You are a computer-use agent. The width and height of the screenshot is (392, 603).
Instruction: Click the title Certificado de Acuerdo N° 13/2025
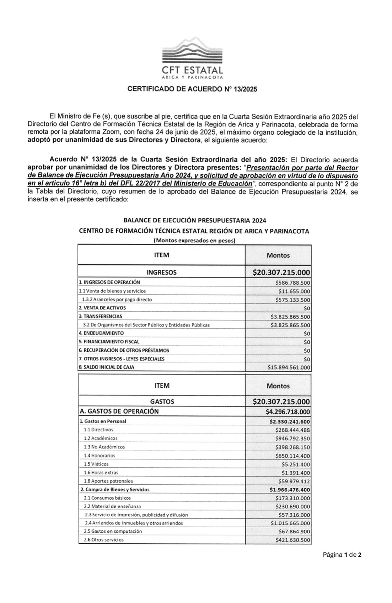point(192,89)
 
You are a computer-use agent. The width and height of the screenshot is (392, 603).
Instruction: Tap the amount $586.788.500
point(292,282)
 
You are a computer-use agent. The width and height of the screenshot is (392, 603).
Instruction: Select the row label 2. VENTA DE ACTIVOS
point(102,308)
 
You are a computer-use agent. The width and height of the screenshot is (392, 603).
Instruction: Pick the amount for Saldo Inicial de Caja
point(289,367)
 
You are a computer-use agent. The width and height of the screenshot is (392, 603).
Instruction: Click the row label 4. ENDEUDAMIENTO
point(101,333)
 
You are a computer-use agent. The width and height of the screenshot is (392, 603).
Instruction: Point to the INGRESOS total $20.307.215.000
point(281,273)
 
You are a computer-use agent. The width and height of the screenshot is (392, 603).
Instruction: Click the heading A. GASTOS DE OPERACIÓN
point(119,411)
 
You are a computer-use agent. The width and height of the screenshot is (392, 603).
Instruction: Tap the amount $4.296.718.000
point(288,412)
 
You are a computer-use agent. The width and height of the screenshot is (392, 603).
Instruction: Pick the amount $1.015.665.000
point(290,523)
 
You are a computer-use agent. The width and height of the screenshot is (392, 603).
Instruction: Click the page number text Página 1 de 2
point(342,555)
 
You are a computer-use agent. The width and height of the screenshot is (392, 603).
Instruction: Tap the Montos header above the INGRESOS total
point(278,255)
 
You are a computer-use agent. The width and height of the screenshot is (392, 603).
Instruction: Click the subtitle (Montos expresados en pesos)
point(194,241)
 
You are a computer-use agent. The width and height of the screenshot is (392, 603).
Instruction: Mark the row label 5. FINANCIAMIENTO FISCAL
point(109,342)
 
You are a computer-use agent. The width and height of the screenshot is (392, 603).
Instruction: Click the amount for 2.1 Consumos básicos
point(292,498)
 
